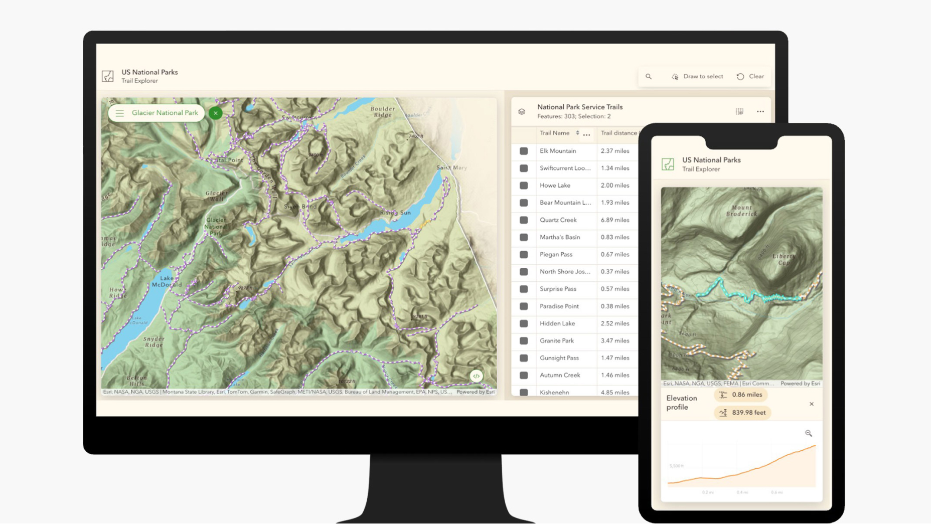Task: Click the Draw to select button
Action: [x=697, y=77]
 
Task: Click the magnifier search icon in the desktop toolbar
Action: [x=649, y=77]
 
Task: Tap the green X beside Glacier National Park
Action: [x=216, y=113]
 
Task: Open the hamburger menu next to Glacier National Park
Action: [x=120, y=113]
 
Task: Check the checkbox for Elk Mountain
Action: [x=524, y=151]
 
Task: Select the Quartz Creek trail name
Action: [x=558, y=220]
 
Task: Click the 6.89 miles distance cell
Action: [x=614, y=220]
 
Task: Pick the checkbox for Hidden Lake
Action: [x=524, y=324]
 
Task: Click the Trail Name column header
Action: [x=554, y=133]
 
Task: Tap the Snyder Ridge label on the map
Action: [x=153, y=342]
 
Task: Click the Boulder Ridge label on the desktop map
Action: [x=383, y=111]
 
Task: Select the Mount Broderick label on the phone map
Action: [x=741, y=211]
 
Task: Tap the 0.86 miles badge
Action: [x=741, y=395]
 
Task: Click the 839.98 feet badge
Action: [x=742, y=413]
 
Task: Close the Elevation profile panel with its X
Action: [x=812, y=404]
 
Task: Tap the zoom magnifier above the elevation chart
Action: [x=809, y=433]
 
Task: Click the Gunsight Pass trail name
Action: [x=559, y=358]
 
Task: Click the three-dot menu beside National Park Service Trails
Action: [x=760, y=112]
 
